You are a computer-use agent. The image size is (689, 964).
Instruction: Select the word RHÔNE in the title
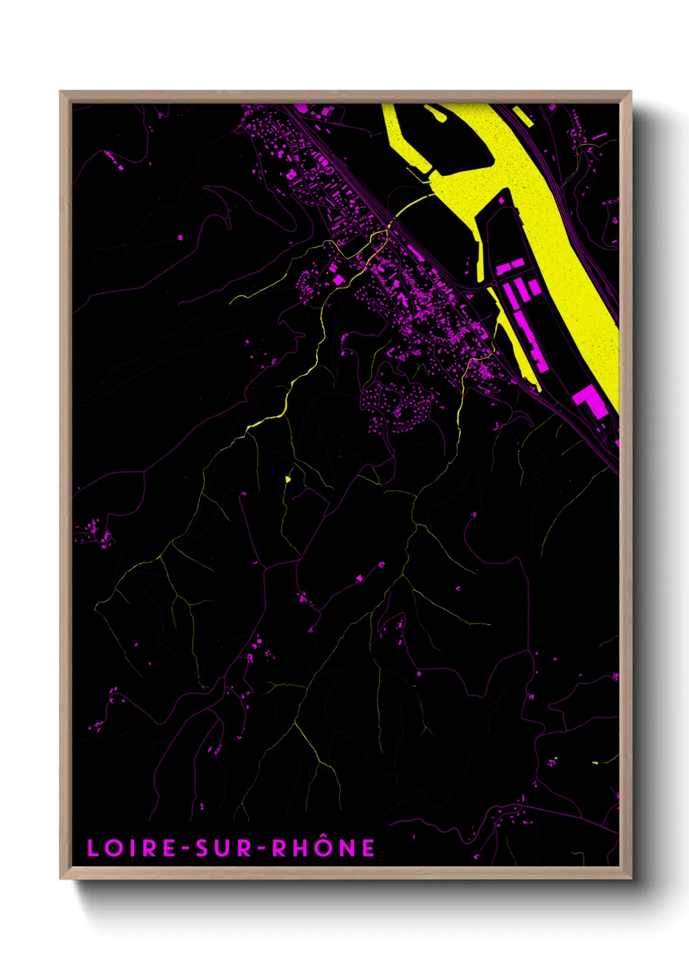(323, 847)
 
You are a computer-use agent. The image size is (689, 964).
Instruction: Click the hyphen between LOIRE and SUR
(186, 849)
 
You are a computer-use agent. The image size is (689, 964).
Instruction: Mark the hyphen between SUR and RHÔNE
(261, 849)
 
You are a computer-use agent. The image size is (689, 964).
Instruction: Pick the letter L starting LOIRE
(93, 848)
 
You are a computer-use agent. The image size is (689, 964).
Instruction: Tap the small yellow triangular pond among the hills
(287, 479)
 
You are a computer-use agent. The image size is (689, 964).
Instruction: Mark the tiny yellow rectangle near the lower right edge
(595, 762)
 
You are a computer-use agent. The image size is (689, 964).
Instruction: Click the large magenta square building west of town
(339, 279)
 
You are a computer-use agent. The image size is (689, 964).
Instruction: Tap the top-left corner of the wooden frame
(61, 92)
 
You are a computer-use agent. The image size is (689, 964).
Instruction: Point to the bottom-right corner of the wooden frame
(630, 877)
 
